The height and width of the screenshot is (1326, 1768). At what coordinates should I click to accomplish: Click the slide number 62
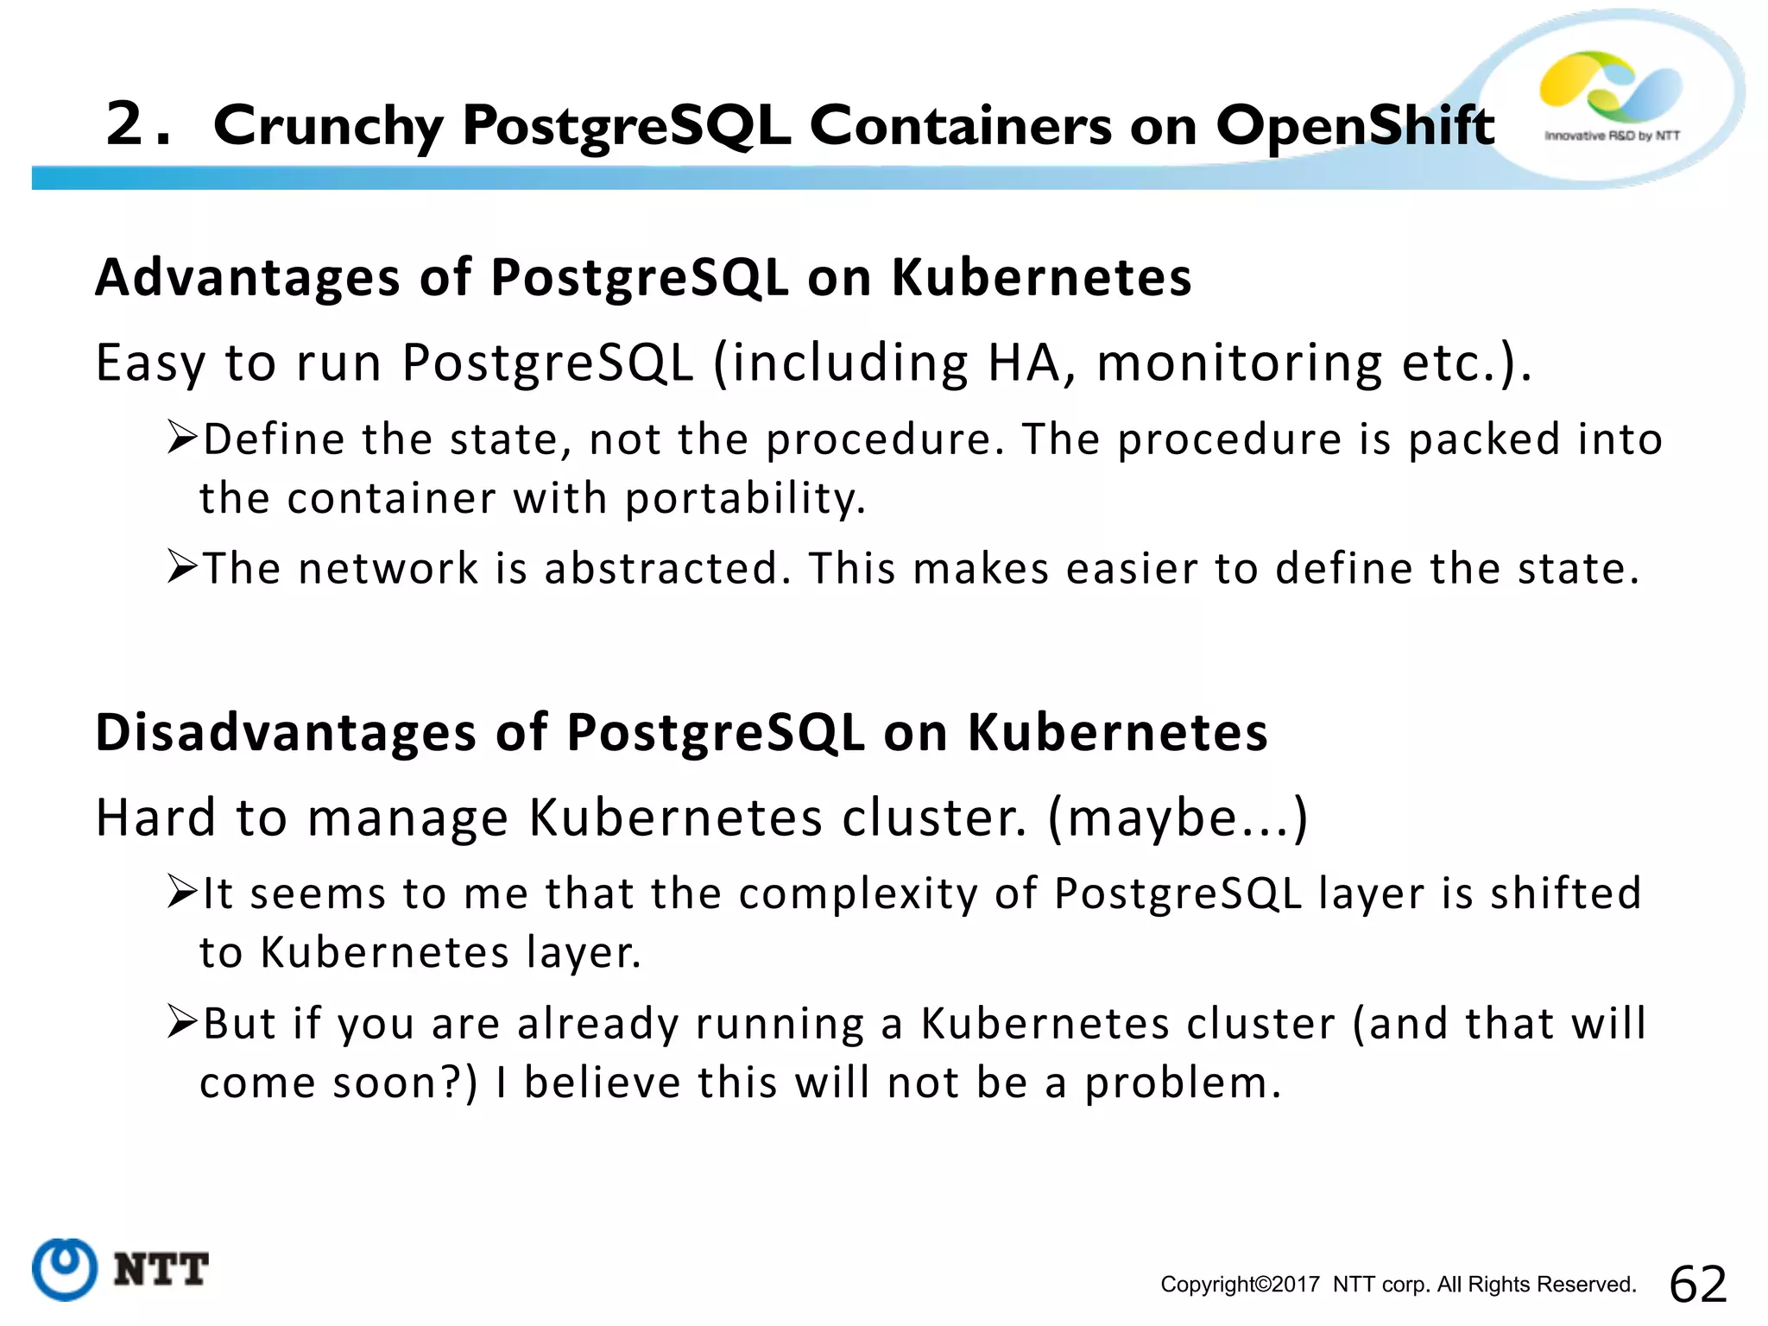point(1698,1284)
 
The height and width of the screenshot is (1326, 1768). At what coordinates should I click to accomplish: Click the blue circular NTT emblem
point(65,1269)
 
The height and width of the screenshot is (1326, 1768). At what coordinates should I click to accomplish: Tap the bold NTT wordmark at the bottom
point(161,1270)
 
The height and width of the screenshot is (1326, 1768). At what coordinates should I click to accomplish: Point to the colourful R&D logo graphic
point(1611,86)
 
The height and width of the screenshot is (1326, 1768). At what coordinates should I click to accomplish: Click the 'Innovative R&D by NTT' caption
point(1612,136)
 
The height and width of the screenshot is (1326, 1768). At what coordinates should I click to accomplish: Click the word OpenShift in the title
point(1354,126)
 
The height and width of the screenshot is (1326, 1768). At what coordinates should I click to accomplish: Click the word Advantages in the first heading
point(248,279)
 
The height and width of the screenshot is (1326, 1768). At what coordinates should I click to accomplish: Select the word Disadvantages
point(286,733)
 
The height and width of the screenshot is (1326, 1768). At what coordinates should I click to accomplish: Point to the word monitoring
point(1240,363)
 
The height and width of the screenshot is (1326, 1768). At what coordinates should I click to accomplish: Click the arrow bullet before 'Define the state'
point(182,438)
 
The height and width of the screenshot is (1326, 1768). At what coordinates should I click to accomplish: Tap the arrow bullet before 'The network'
point(182,567)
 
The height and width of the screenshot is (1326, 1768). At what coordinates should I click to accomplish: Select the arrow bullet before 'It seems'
point(182,892)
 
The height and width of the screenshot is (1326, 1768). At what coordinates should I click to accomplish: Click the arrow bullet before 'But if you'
point(182,1022)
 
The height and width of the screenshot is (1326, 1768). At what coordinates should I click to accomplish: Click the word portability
point(745,499)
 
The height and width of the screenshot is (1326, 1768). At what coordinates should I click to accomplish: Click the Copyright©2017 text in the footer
point(1240,1285)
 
